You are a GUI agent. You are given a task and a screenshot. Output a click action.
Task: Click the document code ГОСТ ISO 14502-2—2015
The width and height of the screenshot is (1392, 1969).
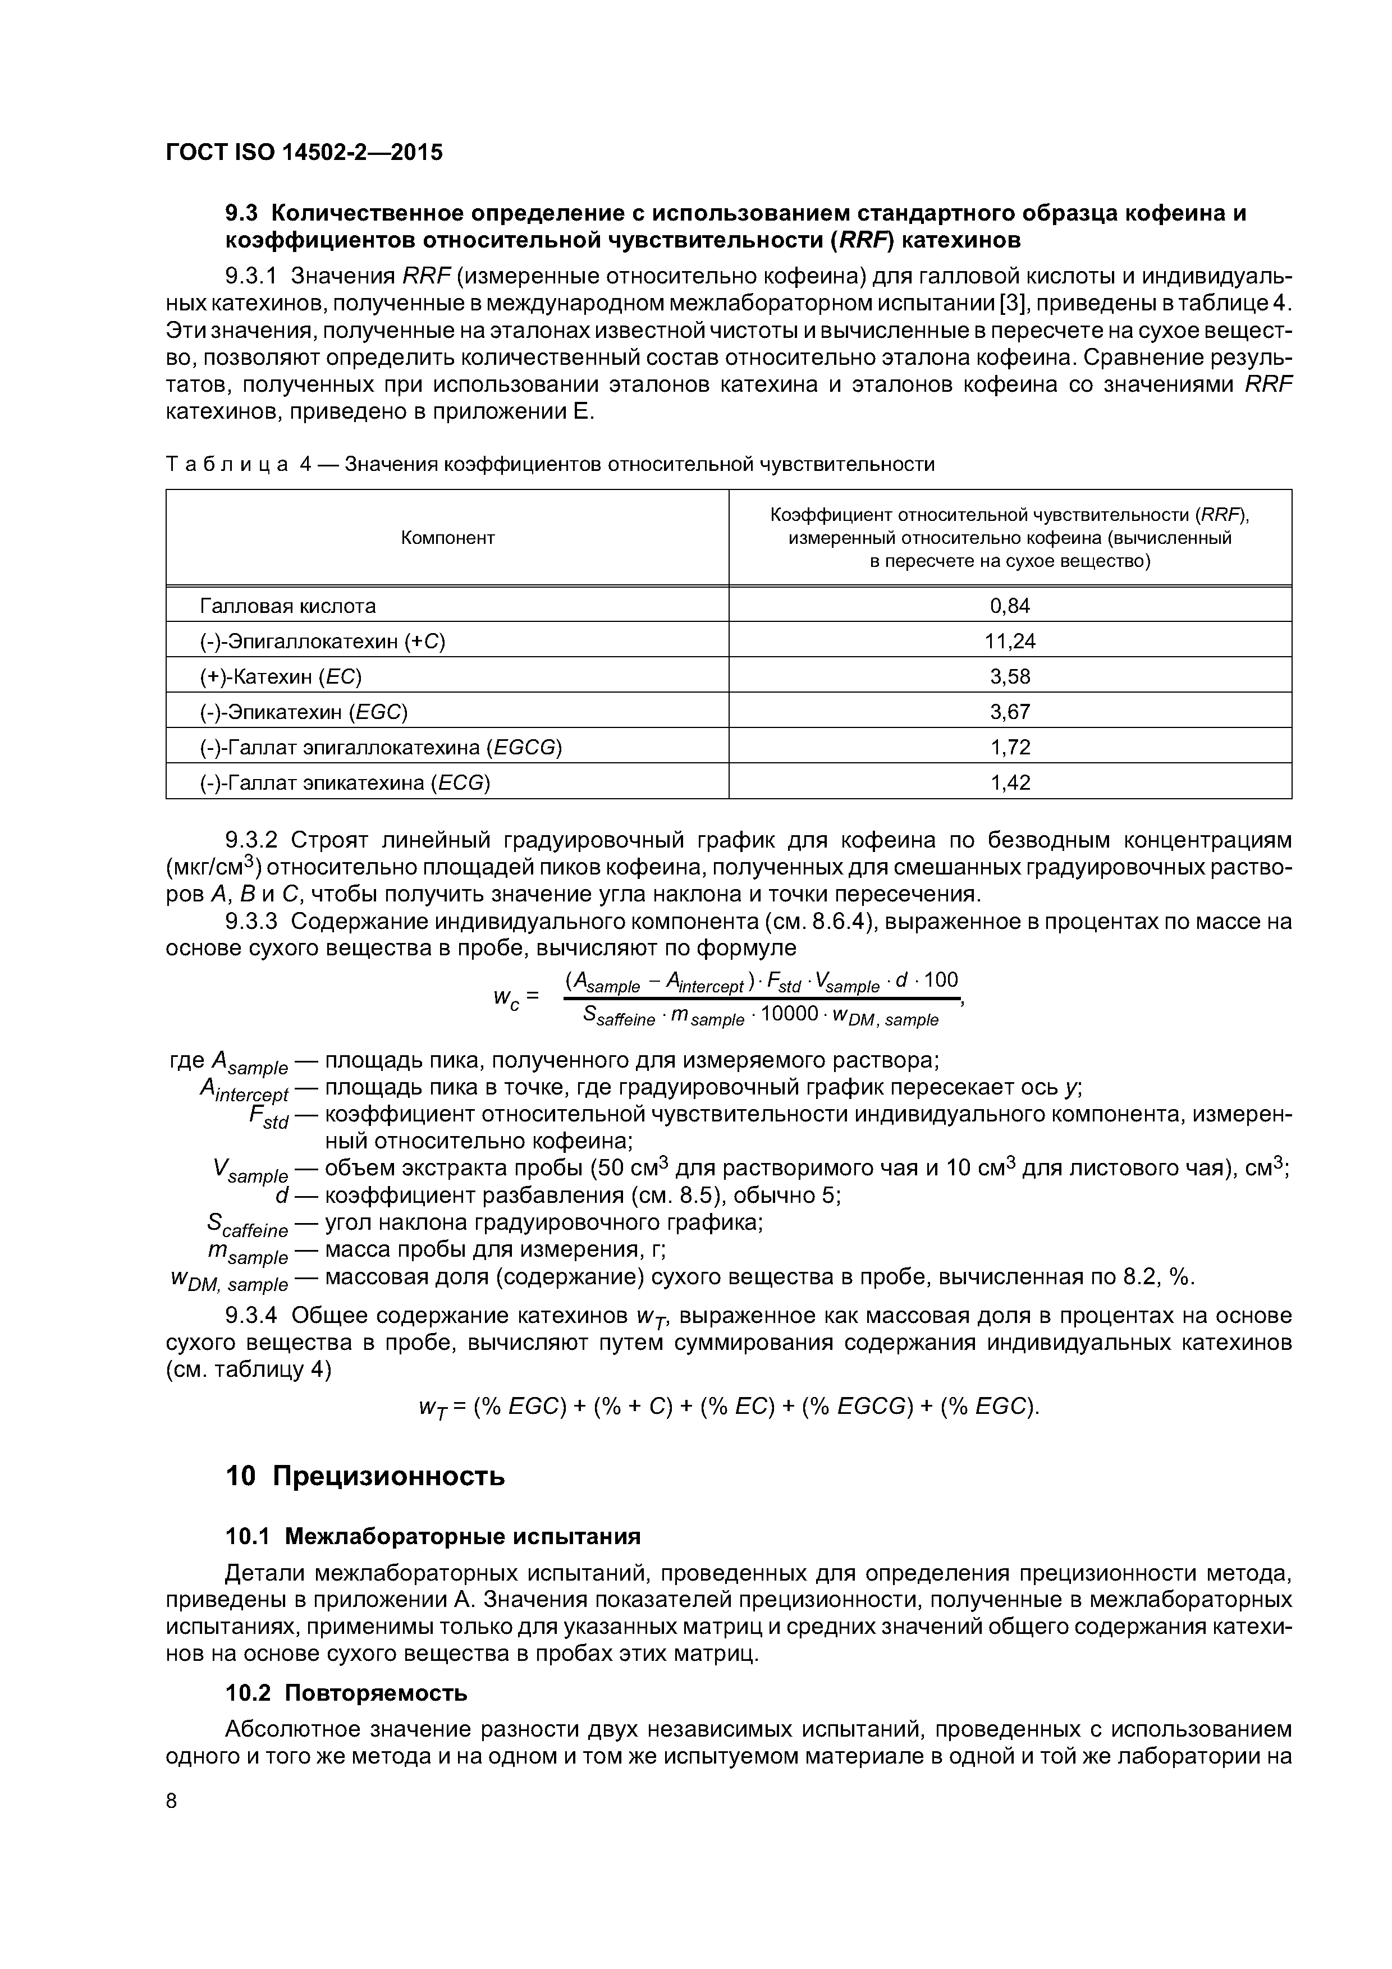304,153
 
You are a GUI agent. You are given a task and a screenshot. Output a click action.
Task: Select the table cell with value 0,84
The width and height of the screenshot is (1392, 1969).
1009,606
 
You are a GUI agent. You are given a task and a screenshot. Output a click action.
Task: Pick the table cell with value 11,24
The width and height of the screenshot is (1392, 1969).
1009,642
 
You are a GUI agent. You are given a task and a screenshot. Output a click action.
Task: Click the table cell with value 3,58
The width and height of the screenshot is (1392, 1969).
1009,676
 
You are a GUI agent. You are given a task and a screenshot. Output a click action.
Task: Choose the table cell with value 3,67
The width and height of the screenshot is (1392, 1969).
1009,712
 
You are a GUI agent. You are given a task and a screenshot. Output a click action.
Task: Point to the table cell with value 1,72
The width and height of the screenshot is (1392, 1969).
1009,747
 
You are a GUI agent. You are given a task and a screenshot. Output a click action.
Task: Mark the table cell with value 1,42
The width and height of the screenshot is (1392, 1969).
1009,782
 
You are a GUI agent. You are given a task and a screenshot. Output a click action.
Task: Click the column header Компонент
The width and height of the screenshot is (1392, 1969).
448,538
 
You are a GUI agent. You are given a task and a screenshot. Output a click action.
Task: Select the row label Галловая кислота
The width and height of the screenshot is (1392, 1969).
287,606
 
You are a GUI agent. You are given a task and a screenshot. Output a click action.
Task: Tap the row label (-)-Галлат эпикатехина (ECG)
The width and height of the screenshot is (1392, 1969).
345,782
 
